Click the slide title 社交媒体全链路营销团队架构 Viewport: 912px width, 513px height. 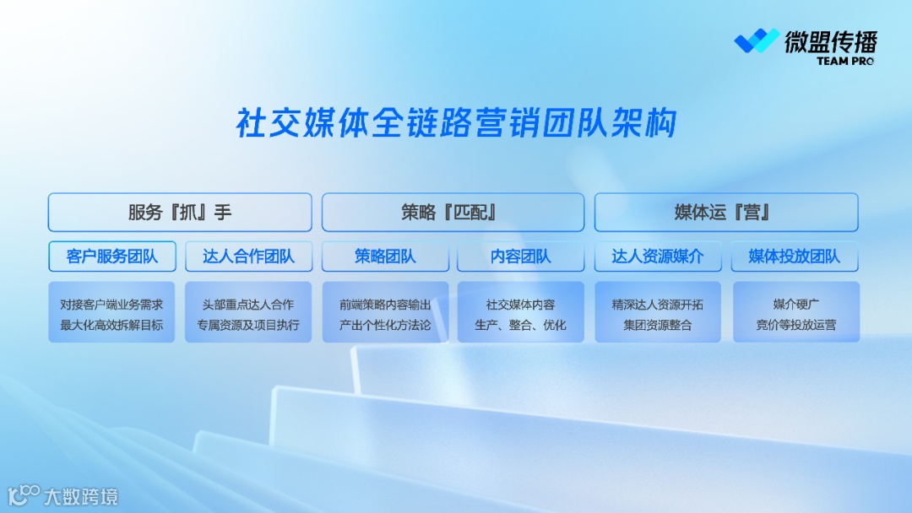(456, 123)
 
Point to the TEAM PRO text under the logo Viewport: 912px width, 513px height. (845, 62)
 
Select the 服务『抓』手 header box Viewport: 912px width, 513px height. (180, 213)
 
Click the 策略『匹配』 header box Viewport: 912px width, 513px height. (453, 213)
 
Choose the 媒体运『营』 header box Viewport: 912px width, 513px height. (726, 213)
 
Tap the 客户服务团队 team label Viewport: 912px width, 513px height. (111, 256)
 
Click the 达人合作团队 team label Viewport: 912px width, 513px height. (248, 256)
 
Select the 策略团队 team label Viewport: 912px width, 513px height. (385, 256)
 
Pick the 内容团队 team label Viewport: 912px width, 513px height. (521, 256)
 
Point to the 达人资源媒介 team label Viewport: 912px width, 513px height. (658, 256)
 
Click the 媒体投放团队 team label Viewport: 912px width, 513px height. (795, 256)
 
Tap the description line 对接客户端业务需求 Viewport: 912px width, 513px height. (111, 305)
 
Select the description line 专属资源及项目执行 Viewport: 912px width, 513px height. (248, 325)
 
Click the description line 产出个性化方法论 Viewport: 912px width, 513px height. (385, 325)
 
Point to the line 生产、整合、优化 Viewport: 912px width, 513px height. (521, 325)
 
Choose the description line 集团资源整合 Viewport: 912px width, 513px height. (658, 325)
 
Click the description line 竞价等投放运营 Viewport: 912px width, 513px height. (795, 325)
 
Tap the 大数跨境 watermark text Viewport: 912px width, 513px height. (81, 496)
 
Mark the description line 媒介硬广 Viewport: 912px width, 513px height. (795, 305)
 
